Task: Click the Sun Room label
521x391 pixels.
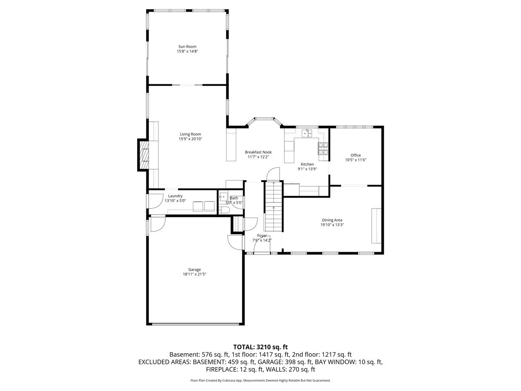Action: [188, 46]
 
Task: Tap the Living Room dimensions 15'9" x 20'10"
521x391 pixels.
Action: [190, 139]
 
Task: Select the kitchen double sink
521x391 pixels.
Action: [308, 133]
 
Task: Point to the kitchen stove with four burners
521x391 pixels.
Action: [323, 149]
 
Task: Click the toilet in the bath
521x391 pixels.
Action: [224, 210]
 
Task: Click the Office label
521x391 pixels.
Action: [356, 155]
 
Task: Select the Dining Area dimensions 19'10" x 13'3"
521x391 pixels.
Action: [332, 225]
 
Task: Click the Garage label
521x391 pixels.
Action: [194, 269]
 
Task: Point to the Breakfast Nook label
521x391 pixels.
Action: [258, 152]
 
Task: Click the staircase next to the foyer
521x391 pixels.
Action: [274, 206]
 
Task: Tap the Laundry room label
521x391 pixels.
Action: [175, 196]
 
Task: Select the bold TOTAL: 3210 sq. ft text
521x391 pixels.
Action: [260, 347]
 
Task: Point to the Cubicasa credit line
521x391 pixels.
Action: [260, 380]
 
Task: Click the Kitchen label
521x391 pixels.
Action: [307, 164]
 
